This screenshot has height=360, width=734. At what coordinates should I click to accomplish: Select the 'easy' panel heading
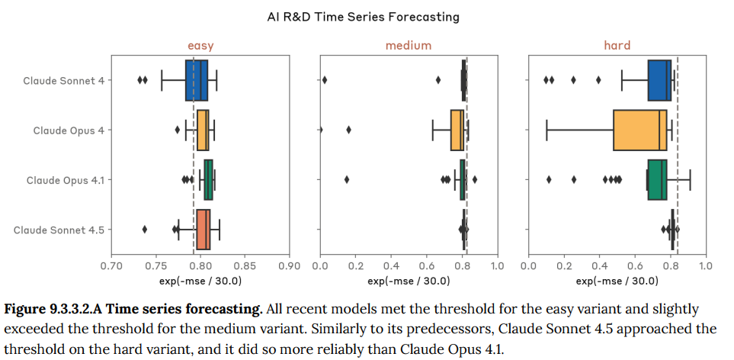[200, 45]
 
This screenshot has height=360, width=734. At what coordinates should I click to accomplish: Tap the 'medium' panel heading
[408, 45]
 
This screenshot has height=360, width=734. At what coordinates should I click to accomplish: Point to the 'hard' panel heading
[617, 45]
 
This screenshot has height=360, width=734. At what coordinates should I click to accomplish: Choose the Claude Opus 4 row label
[69, 130]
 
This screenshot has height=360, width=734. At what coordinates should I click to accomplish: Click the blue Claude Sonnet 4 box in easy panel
[197, 80]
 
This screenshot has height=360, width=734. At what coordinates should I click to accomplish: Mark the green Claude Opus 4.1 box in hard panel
[657, 180]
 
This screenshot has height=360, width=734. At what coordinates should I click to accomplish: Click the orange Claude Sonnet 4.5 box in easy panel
[203, 230]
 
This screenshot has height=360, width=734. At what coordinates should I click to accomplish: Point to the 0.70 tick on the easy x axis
[111, 266]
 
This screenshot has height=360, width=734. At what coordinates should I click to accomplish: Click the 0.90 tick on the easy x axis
[290, 266]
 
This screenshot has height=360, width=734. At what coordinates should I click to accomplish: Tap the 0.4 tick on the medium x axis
[391, 266]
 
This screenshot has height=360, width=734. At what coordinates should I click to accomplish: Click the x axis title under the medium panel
[408, 281]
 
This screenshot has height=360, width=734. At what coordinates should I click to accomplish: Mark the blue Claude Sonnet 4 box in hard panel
[659, 80]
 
